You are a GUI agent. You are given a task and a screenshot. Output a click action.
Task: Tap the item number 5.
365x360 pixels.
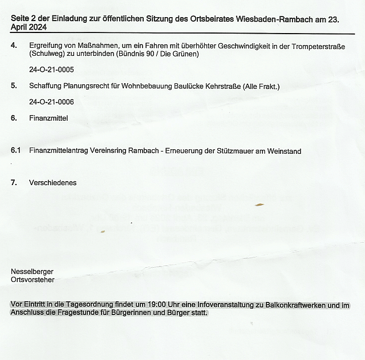point(13,86)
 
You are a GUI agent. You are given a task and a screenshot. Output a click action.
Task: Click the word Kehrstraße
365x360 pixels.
point(221,86)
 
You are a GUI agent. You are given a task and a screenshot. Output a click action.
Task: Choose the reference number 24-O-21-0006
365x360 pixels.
point(51,102)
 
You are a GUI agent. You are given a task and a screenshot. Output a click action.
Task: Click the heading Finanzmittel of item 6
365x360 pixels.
point(48,118)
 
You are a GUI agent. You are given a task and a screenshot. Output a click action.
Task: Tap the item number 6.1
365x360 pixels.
point(15,151)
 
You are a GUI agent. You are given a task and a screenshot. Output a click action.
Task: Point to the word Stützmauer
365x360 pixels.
point(236,151)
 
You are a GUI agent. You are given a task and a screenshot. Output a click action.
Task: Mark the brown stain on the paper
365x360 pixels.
point(259,204)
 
